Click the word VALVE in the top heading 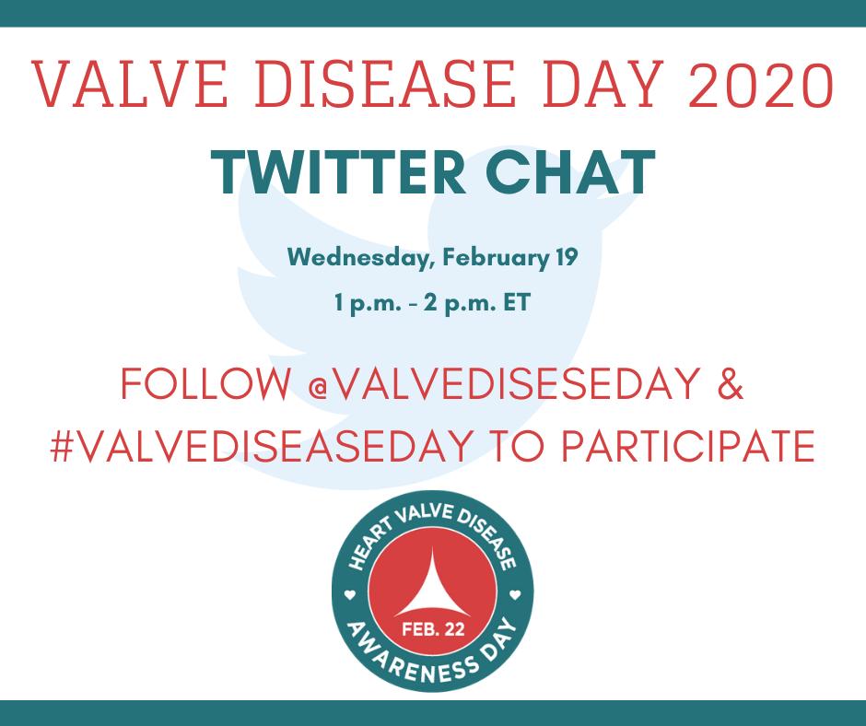tap(129, 84)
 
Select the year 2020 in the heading tap(760, 85)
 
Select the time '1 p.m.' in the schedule tap(368, 303)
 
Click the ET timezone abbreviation tap(517, 302)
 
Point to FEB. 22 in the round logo tap(433, 628)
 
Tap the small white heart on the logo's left tap(349, 595)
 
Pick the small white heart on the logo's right tap(515, 595)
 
